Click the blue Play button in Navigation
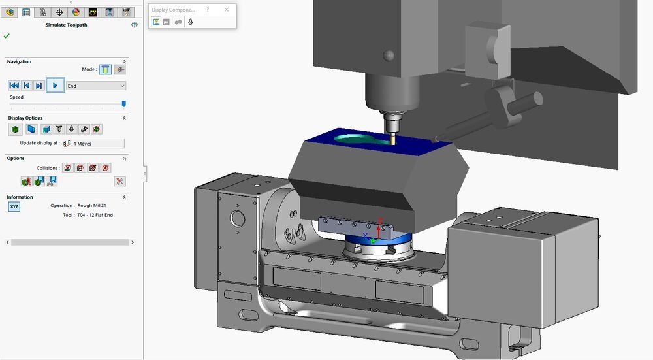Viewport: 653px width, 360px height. (x=56, y=86)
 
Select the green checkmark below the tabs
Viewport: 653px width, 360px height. (x=7, y=35)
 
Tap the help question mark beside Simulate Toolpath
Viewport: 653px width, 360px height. (x=135, y=25)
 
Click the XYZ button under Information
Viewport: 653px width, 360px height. (x=14, y=206)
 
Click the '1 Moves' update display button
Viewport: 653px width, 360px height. (x=93, y=143)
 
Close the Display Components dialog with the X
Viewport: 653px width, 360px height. (x=227, y=10)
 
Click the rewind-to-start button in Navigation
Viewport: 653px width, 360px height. (x=14, y=86)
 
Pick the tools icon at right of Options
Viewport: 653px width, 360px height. (x=119, y=181)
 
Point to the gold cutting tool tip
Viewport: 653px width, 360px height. (x=394, y=139)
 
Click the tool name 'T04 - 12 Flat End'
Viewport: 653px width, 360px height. (x=95, y=215)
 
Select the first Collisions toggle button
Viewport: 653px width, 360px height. (x=67, y=168)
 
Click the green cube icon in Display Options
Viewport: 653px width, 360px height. (x=14, y=129)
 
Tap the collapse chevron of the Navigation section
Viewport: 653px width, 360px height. (x=124, y=62)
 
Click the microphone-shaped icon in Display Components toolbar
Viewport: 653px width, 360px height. (x=190, y=22)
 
